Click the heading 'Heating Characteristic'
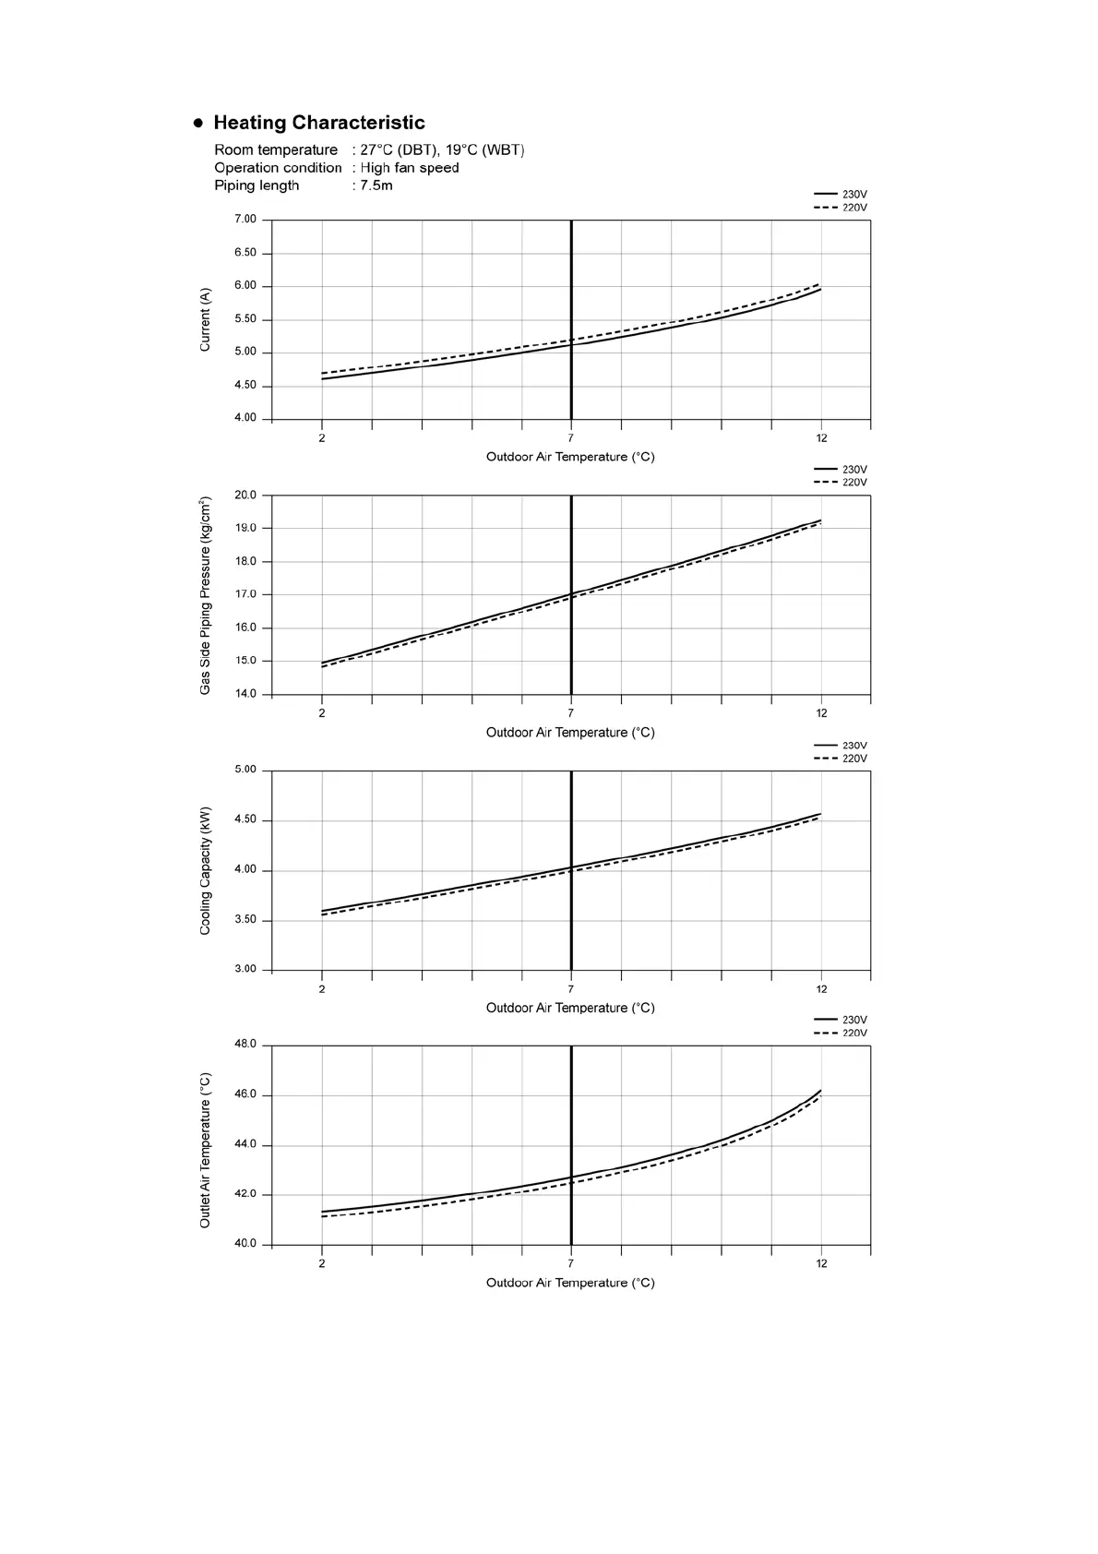tap(318, 123)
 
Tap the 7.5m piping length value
tap(376, 185)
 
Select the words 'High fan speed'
tap(410, 168)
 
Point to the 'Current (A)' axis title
tap(205, 319)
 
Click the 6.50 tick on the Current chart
tap(245, 253)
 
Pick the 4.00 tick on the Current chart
tap(245, 418)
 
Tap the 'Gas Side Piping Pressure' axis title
tap(205, 595)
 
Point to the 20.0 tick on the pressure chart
tap(245, 496)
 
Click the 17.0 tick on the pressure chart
tap(245, 594)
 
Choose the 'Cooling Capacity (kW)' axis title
tap(205, 870)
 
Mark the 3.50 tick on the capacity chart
tap(245, 920)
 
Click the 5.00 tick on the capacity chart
tap(245, 770)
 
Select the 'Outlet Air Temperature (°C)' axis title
tap(205, 1150)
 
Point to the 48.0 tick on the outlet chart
tap(245, 1045)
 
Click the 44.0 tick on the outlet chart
tap(245, 1144)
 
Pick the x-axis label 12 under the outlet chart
tap(821, 1264)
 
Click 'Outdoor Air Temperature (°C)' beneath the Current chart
tap(570, 457)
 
